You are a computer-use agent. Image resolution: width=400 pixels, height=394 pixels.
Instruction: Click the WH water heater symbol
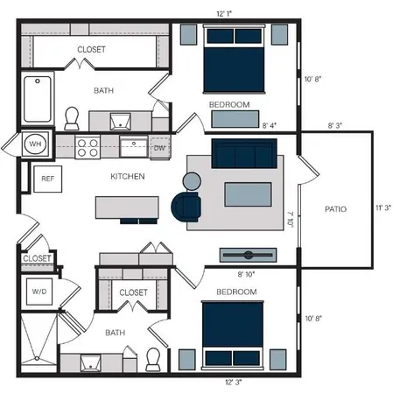36,144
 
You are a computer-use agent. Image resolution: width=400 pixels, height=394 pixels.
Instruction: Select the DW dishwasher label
159,147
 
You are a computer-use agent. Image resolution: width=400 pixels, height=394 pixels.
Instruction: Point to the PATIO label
335,209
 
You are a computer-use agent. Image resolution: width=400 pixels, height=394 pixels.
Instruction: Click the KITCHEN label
127,177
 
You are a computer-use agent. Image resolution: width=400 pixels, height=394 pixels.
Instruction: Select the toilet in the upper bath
73,116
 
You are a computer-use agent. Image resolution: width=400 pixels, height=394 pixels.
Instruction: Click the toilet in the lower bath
153,358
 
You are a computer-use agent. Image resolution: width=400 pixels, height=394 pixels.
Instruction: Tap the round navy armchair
186,207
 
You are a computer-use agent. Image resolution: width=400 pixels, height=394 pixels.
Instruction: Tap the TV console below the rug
248,254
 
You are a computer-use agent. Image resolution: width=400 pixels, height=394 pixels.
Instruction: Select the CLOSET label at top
91,50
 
